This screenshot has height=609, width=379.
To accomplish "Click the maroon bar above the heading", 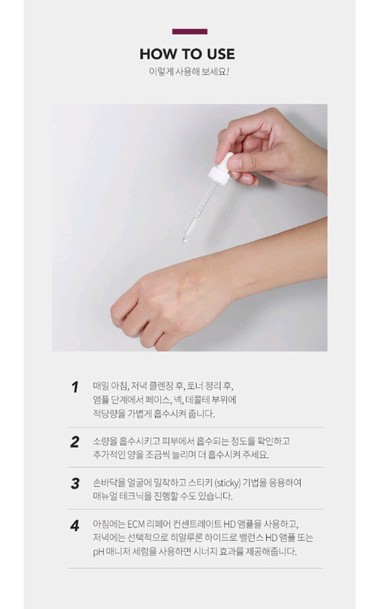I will [x=190, y=32].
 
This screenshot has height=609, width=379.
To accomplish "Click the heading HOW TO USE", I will [x=187, y=54].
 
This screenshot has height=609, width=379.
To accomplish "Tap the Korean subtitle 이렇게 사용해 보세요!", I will [x=189, y=72].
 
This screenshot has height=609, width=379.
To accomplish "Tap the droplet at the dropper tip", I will [x=185, y=240].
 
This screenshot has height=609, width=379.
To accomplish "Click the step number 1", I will [x=75, y=387].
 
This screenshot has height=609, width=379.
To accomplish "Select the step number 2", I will [x=75, y=442].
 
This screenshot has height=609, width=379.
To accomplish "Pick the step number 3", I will [x=75, y=484].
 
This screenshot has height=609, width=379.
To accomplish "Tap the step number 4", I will [x=75, y=526].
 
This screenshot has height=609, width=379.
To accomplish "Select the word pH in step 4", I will [x=99, y=551].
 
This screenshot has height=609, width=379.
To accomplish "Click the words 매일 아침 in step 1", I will [x=109, y=385].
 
